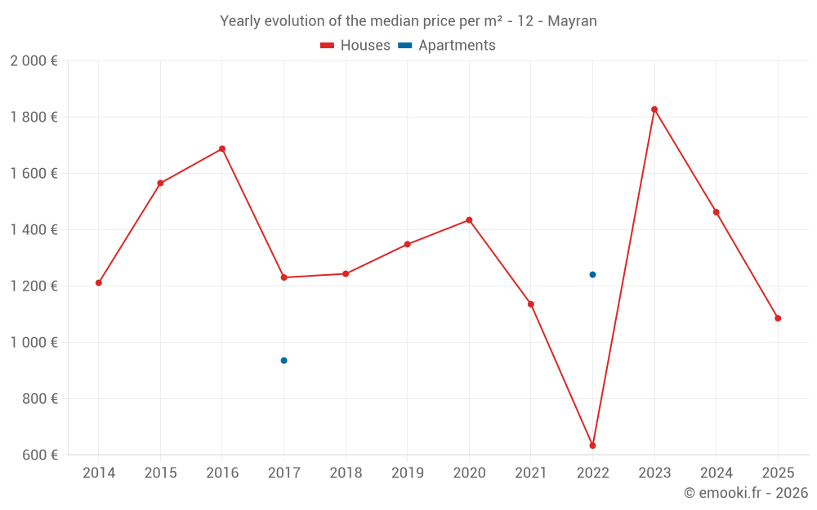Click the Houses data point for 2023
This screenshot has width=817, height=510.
click(x=654, y=109)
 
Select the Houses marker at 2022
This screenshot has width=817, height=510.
click(x=592, y=446)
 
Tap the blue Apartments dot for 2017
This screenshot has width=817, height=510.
click(x=283, y=361)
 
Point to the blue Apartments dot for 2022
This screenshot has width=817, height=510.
click(x=592, y=274)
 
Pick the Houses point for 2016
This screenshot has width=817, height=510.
click(x=222, y=149)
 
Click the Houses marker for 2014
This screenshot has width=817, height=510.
click(x=99, y=283)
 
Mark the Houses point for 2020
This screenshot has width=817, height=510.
click(x=469, y=220)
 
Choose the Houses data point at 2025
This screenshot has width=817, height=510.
click(x=778, y=318)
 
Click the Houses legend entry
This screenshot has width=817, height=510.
click(x=355, y=46)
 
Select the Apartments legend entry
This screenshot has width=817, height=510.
click(x=447, y=46)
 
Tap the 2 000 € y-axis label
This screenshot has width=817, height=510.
click(x=33, y=61)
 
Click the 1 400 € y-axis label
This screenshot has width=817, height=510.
click(x=33, y=230)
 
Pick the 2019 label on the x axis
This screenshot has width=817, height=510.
click(x=407, y=473)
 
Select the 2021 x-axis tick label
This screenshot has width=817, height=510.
click(x=531, y=473)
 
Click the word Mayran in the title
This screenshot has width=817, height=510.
click(x=572, y=21)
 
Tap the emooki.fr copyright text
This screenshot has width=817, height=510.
click(x=745, y=493)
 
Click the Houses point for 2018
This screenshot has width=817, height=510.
click(x=346, y=274)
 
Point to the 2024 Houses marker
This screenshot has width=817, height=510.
click(x=717, y=212)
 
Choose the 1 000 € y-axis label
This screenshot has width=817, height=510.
click(x=33, y=343)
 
